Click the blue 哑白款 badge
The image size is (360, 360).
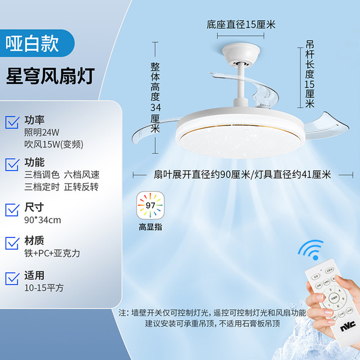coord(37,43)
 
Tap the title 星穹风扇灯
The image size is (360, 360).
coord(50,76)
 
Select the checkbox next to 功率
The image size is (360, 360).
coord(12,122)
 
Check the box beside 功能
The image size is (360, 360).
coord(12,164)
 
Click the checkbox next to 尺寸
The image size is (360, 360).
coord(12,210)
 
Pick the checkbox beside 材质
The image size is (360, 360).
coord(12,243)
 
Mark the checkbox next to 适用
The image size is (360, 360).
coord(12,278)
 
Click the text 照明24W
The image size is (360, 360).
coord(42,132)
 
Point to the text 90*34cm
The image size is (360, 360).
coord(43,220)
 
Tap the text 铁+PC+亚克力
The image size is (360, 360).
coord(52,253)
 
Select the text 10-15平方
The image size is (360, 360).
coord(44,288)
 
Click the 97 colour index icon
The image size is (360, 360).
coord(150,205)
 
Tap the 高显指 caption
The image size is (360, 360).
coord(150,227)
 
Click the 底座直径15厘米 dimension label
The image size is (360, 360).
coord(241,25)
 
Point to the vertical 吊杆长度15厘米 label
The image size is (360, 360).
coord(309,74)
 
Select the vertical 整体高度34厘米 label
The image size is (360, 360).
coord(155,97)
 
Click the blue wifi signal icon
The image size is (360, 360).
coord(311,250)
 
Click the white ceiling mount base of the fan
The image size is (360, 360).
coord(241,54)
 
